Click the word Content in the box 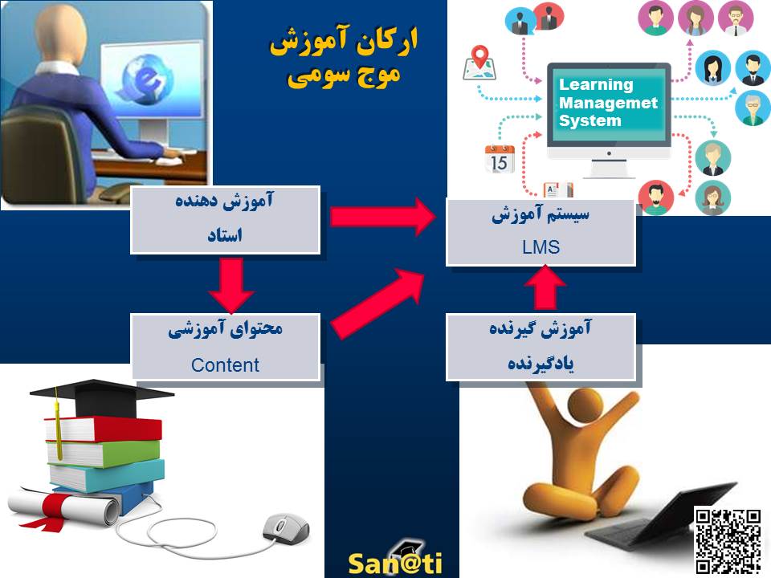pyautogui.click(x=225, y=365)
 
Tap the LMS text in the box pyautogui.click(x=541, y=246)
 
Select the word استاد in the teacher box pyautogui.click(x=225, y=235)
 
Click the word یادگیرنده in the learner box pyautogui.click(x=541, y=364)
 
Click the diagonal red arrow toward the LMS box pyautogui.click(x=377, y=303)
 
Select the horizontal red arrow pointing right pyautogui.click(x=383, y=217)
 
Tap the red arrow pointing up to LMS pyautogui.click(x=545, y=288)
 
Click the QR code pyautogui.click(x=728, y=540)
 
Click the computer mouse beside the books pyautogui.click(x=285, y=528)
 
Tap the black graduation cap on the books pyautogui.click(x=101, y=397)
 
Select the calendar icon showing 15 pyautogui.click(x=499, y=159)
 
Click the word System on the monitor pyautogui.click(x=590, y=121)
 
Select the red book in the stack pyautogui.click(x=104, y=429)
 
